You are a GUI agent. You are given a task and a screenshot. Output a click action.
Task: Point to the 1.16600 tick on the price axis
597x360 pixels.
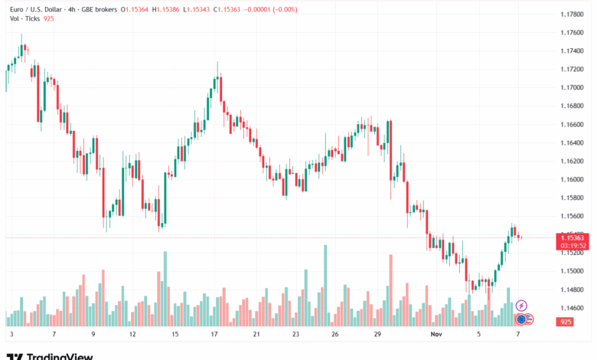573,124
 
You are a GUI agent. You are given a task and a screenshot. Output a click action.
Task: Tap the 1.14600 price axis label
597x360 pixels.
573,308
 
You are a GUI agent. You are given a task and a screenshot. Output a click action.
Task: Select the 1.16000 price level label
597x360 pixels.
573,179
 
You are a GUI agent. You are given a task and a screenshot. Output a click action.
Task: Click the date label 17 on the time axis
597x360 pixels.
216,335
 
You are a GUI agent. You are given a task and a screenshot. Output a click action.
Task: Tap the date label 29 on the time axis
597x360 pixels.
377,335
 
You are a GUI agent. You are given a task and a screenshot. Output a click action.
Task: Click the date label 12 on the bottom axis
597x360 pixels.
132,335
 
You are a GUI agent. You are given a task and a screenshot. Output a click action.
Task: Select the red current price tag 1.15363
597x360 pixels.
573,237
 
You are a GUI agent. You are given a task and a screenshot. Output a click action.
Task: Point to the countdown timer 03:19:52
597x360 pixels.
573,245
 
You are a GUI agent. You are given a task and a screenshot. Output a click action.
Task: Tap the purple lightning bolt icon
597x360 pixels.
521,306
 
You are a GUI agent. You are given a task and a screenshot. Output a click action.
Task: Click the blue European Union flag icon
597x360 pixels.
521,319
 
